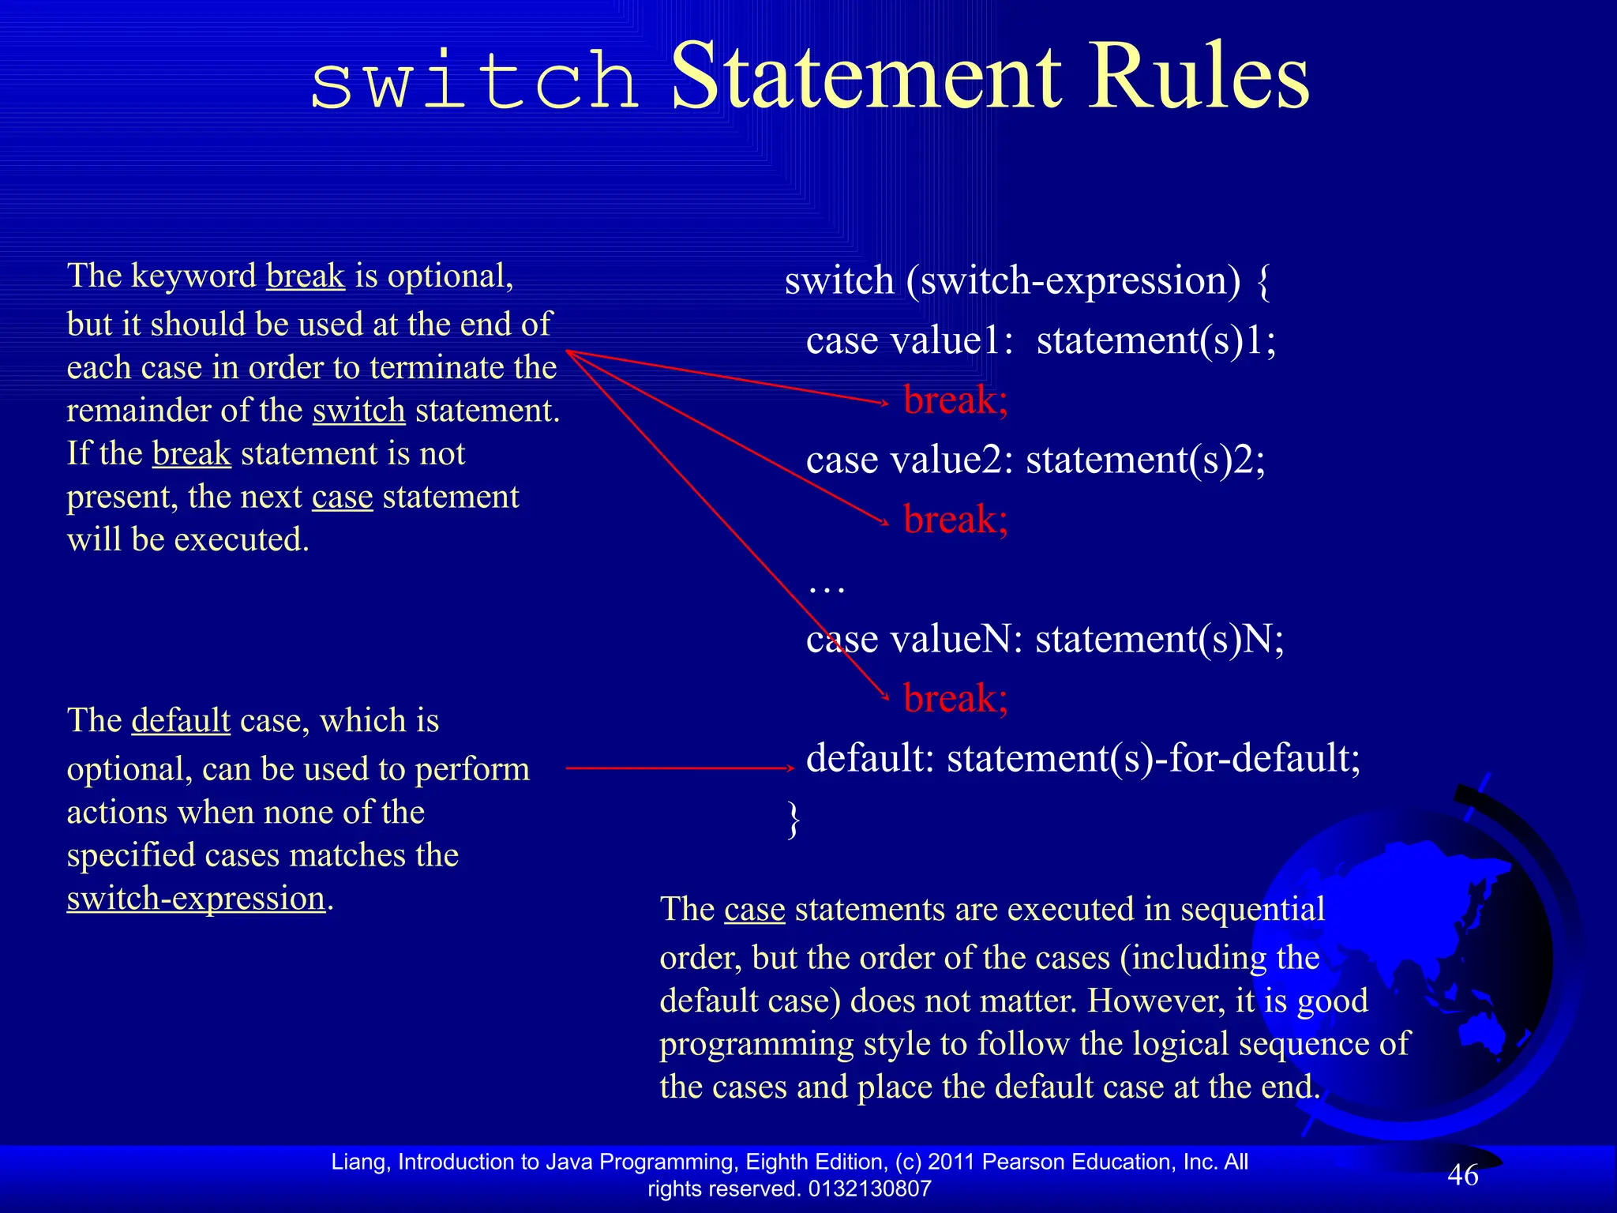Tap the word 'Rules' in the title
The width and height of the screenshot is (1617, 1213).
tap(1199, 77)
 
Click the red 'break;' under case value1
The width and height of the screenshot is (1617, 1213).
tap(955, 400)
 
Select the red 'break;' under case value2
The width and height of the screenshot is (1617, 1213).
tap(955, 520)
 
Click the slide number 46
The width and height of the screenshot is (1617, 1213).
tap(1462, 1175)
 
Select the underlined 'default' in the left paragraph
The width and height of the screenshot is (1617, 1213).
tap(181, 721)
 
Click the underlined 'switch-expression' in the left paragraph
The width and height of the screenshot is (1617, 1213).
tap(196, 899)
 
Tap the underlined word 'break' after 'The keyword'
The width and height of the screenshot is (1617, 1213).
tap(306, 276)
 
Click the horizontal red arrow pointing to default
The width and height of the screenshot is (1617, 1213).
tap(679, 768)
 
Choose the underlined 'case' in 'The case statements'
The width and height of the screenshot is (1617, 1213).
tap(754, 910)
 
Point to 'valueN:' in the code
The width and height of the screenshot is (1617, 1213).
tap(956, 640)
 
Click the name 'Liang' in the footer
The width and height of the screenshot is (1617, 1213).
tap(359, 1162)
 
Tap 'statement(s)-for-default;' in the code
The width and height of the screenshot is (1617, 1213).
tap(1154, 758)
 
